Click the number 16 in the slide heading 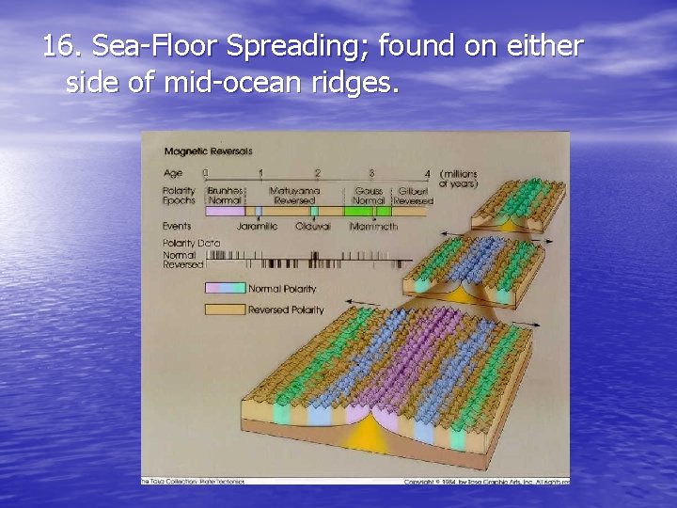point(58,45)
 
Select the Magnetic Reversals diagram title point(208,151)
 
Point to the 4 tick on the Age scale point(427,173)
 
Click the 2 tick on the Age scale point(317,173)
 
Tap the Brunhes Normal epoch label point(225,195)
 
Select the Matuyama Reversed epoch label point(295,195)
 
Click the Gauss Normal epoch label point(369,195)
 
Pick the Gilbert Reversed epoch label point(413,195)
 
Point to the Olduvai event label point(313,227)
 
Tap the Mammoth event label point(373,227)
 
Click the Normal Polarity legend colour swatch point(224,288)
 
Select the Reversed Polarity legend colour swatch point(224,309)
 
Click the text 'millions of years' point(459,179)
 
